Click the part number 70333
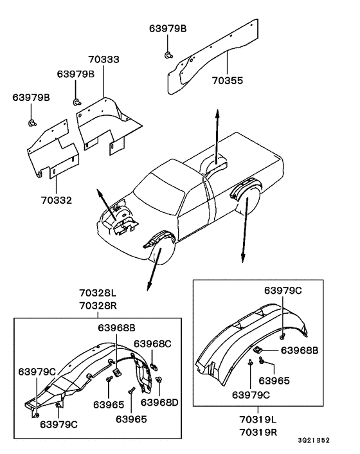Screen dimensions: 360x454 pos(104,59)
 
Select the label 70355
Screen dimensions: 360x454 pos(228,80)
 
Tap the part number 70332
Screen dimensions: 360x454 pos(57,200)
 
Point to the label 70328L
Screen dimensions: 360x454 pos(98,293)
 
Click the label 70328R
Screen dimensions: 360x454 pos(98,305)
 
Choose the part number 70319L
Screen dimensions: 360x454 pos(258,419)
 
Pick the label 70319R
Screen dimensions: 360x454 pos(258,432)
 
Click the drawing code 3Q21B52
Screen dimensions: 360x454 pos(314,440)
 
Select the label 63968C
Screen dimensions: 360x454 pos(152,343)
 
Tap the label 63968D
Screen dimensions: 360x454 pos(159,402)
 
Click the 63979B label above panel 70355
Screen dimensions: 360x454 pos(168,28)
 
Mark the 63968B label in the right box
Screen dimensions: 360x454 pos(300,350)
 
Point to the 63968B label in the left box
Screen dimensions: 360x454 pos(116,327)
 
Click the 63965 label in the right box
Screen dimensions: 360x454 pos(274,381)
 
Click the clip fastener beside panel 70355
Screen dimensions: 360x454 pos(168,54)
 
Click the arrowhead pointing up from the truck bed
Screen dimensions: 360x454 pos(217,113)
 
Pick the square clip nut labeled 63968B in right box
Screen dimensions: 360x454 pos(257,350)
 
